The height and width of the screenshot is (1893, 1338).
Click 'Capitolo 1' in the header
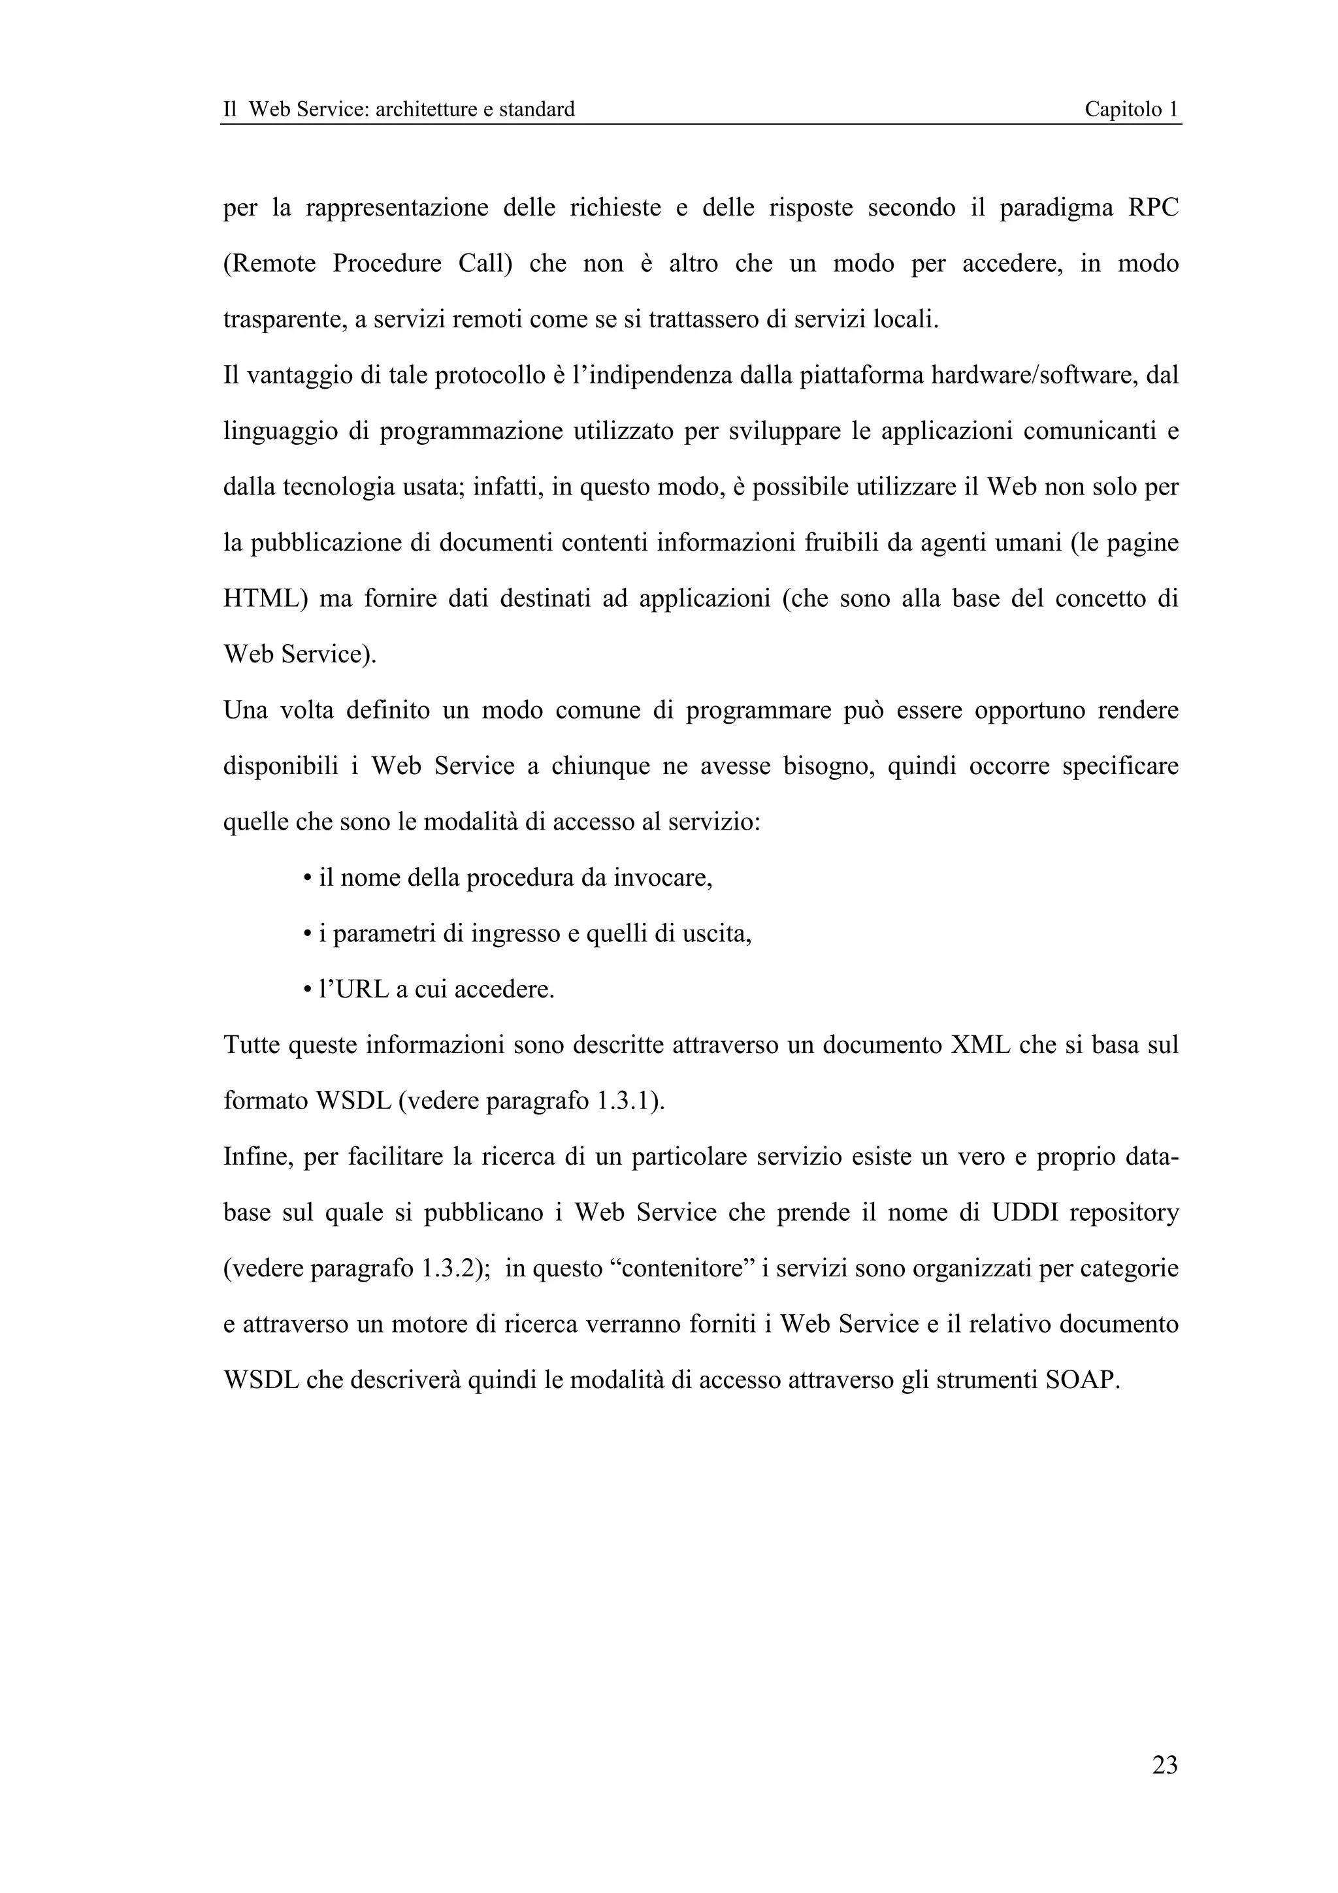(x=1130, y=109)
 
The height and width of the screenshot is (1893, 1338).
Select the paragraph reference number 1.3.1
(x=624, y=1101)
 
